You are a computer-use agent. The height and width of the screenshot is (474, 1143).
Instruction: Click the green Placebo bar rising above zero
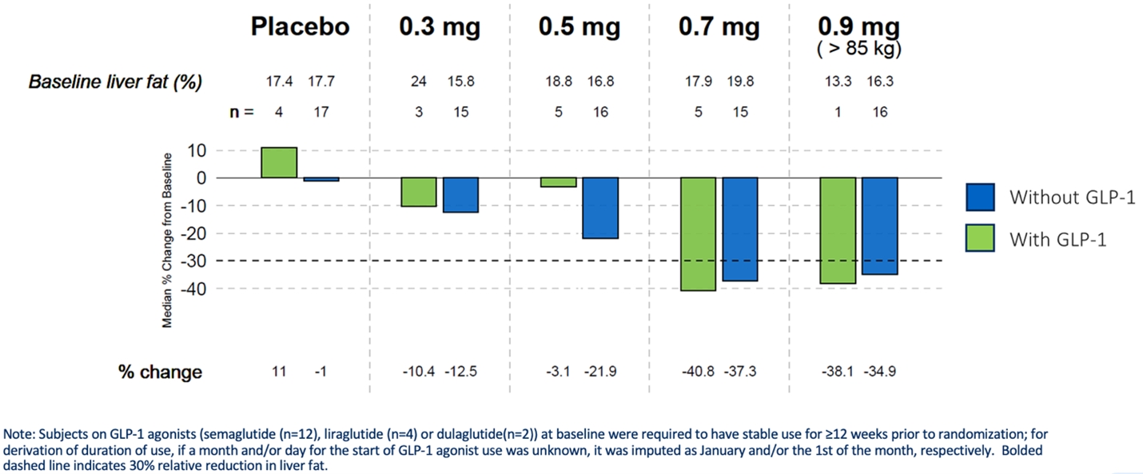point(279,162)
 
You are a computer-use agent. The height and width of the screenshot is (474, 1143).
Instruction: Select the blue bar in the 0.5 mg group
point(600,208)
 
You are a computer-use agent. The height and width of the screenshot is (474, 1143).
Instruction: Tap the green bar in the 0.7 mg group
point(698,233)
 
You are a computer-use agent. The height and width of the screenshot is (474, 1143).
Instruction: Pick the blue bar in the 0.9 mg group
point(880,225)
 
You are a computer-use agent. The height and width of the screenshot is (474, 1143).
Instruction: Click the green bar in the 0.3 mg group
point(419,192)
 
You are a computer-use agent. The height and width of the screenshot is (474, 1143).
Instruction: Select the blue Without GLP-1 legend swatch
point(980,197)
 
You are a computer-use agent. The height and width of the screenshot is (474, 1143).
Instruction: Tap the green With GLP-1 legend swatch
point(980,238)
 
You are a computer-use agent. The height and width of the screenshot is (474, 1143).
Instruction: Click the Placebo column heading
point(300,26)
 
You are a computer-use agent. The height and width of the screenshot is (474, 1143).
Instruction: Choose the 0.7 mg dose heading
point(719,26)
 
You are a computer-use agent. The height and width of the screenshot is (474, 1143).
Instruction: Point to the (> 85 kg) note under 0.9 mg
point(858,49)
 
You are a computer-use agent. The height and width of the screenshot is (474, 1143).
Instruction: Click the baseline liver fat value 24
point(419,82)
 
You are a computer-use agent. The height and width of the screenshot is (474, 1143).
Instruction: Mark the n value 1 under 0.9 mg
point(838,113)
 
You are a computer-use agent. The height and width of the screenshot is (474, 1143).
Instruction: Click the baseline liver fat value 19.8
point(740,82)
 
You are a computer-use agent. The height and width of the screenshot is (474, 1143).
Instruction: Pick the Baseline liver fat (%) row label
point(116,82)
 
